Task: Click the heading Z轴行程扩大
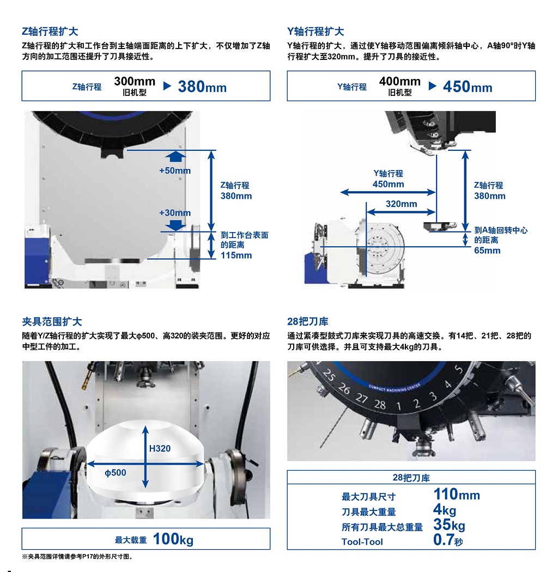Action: [50, 32]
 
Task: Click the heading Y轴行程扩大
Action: [316, 32]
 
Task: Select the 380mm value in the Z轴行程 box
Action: [202, 87]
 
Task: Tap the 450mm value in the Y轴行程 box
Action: [468, 87]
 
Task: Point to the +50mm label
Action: [175, 171]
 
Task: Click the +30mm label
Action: [175, 212]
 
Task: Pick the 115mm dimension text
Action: [236, 255]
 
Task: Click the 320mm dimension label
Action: [401, 204]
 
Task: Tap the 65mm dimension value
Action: [487, 250]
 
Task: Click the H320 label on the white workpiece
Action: [160, 448]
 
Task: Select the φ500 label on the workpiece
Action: [116, 473]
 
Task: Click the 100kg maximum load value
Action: [173, 539]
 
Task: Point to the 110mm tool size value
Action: [457, 494]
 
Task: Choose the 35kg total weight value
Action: [449, 525]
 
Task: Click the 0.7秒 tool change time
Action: [448, 540]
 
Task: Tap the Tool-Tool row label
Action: [362, 541]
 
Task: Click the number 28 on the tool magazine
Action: [380, 404]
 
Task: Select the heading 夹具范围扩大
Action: [52, 321]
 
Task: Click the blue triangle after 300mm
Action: [167, 86]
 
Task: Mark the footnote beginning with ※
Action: [77, 557]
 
